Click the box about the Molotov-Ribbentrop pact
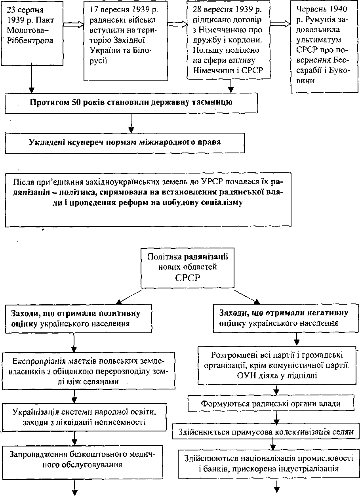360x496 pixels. (32, 33)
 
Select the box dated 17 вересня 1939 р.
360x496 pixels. (125, 41)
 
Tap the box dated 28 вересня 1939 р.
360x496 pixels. (229, 40)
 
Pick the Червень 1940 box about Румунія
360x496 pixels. (324, 46)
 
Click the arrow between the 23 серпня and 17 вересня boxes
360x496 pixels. (74, 24)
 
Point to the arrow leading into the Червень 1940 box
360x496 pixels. (280, 24)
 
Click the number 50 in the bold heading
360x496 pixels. (76, 102)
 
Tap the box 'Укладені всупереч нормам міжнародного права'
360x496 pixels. (125, 143)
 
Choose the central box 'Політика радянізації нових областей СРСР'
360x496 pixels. (188, 268)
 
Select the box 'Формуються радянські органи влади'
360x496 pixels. (271, 404)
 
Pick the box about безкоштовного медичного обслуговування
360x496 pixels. (83, 463)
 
